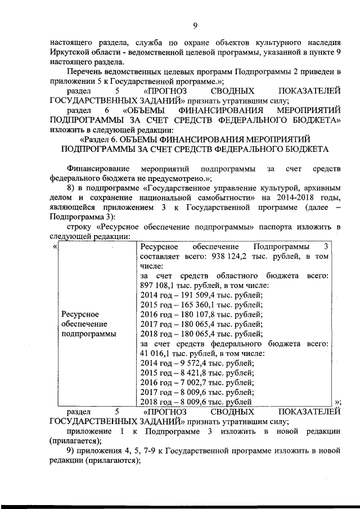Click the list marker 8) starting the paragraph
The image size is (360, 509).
[x=71, y=188]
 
